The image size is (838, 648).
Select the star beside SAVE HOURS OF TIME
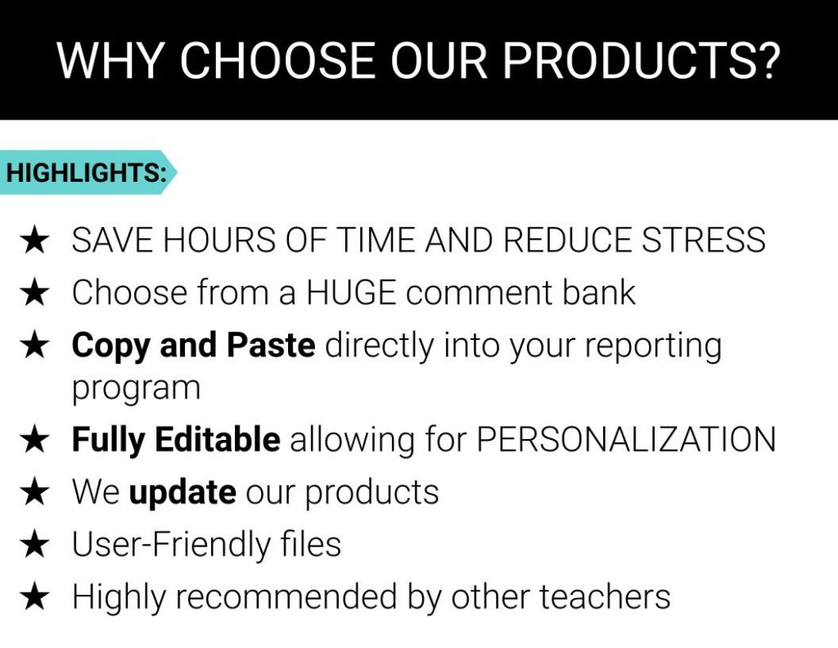(x=34, y=241)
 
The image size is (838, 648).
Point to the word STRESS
(x=703, y=240)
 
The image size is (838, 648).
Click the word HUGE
(x=351, y=292)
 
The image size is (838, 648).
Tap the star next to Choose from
(x=34, y=293)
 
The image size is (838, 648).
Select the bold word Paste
(x=271, y=345)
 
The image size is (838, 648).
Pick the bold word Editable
(x=218, y=439)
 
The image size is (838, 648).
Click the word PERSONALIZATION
(x=626, y=440)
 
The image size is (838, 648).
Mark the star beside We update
(x=34, y=492)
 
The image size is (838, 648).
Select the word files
(x=310, y=544)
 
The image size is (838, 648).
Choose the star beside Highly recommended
(x=34, y=598)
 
